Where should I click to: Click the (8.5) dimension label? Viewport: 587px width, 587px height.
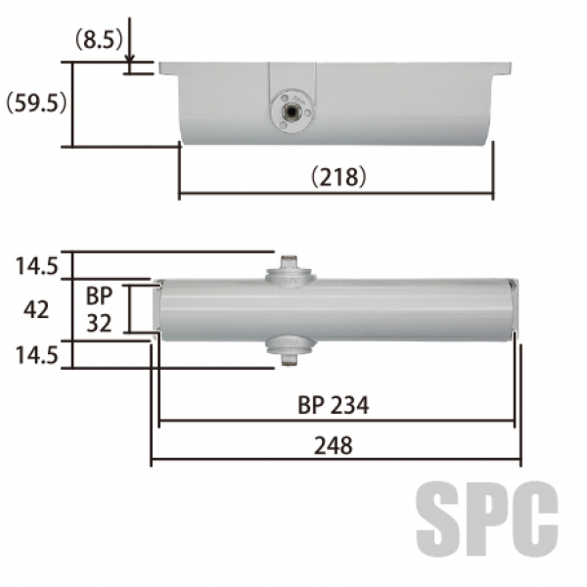(99, 40)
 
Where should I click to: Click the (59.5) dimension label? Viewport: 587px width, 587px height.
(36, 103)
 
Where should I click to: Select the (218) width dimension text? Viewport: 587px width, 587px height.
(339, 177)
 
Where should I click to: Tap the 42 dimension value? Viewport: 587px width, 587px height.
(36, 310)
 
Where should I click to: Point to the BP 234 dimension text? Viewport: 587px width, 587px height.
(334, 405)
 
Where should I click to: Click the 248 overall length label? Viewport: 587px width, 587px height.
(334, 445)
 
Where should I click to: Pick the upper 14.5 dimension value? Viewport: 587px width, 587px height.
(37, 266)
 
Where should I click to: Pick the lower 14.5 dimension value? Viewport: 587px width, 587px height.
(37, 355)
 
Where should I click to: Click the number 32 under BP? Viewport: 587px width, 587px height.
(99, 323)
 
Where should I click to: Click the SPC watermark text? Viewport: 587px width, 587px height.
(487, 519)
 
